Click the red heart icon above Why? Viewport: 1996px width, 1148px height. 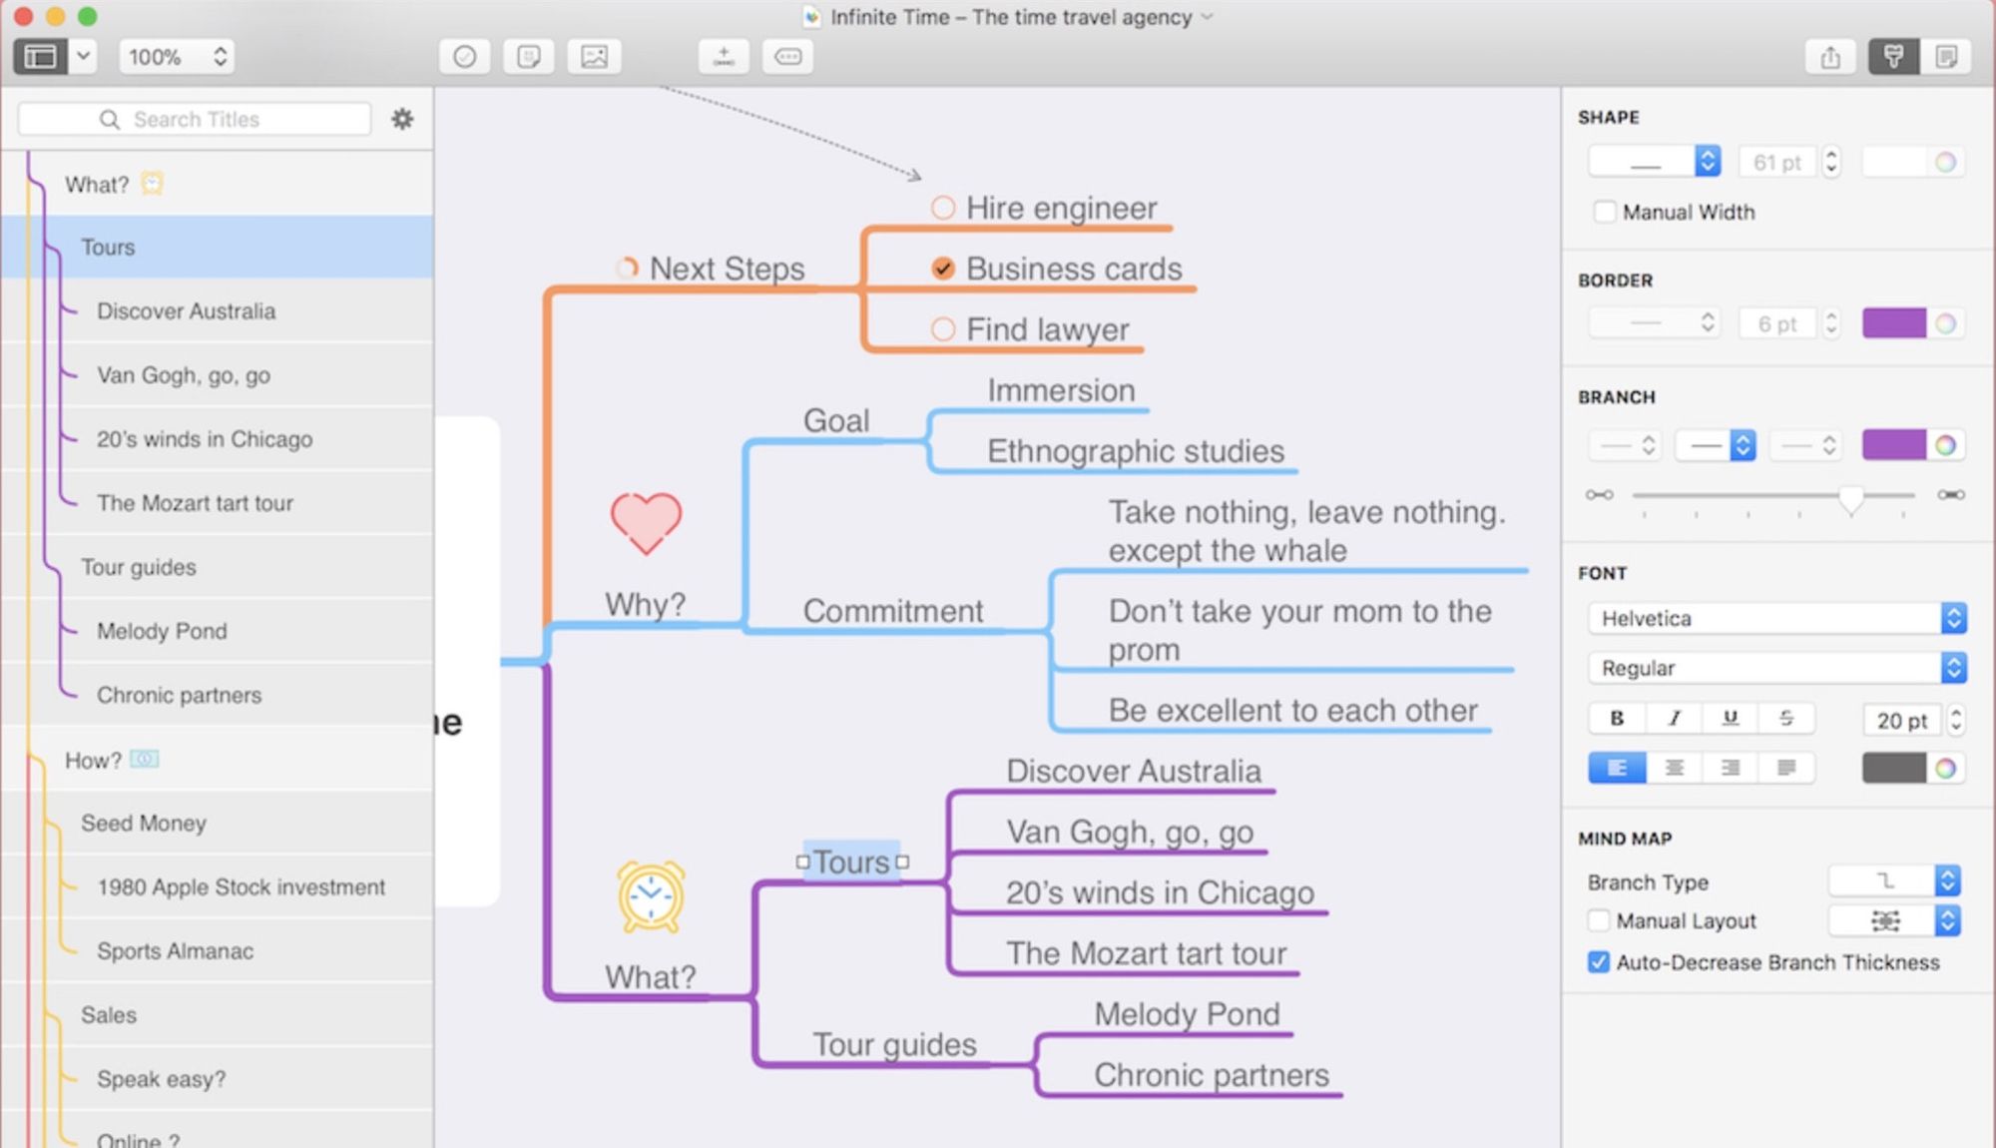point(646,522)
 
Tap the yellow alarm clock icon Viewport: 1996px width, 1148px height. point(651,895)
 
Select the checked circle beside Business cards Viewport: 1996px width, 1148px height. point(942,269)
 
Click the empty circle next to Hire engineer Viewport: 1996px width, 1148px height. point(942,208)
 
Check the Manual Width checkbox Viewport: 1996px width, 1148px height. point(1604,212)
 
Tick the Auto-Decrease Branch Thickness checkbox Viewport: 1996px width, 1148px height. point(1598,962)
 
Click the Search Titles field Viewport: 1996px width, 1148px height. point(196,120)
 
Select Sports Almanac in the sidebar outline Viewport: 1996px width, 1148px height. point(175,951)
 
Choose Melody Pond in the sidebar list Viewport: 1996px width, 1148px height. point(162,631)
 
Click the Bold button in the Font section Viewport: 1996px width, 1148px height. point(1617,718)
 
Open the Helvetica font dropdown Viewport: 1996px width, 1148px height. point(1775,619)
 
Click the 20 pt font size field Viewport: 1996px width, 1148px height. point(1901,721)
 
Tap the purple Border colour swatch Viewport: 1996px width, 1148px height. point(1893,323)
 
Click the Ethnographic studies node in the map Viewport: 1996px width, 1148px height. point(1135,451)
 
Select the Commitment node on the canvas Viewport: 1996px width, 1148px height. point(892,611)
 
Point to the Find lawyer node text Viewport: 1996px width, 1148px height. point(1047,329)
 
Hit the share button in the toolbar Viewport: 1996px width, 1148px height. point(1829,57)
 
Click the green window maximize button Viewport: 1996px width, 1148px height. point(88,16)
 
